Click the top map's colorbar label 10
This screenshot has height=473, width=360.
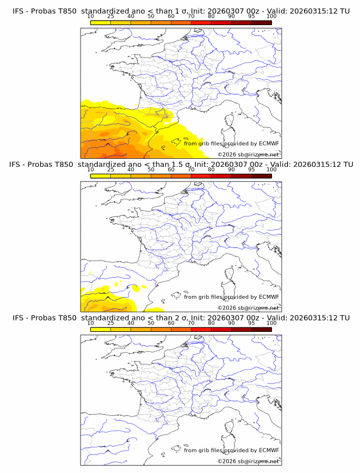click(x=91, y=17)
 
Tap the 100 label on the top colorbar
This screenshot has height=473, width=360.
click(x=271, y=17)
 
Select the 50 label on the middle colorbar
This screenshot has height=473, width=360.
click(x=151, y=170)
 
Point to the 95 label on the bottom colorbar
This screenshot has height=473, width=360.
click(x=251, y=323)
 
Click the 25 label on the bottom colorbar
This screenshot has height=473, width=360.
click(x=111, y=323)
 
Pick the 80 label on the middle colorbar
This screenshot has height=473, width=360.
click(x=211, y=170)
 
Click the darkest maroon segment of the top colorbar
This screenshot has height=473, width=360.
click(x=261, y=23)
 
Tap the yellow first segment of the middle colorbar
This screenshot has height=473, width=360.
click(x=101, y=176)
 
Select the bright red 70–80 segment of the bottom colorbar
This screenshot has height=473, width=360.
click(x=201, y=329)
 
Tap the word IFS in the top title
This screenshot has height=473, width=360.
click(x=19, y=10)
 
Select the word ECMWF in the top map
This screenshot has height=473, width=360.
click(x=269, y=143)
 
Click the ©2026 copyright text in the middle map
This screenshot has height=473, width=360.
click(x=248, y=307)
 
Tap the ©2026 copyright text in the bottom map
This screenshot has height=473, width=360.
click(x=248, y=461)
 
